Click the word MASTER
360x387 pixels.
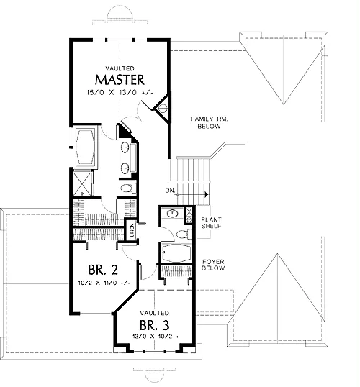coord(120,80)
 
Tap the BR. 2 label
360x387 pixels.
coord(103,270)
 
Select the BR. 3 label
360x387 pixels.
coord(154,325)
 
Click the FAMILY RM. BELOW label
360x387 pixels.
coord(209,123)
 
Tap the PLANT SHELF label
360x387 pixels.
coord(211,222)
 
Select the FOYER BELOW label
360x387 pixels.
coord(213,265)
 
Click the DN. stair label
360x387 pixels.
coord(170,191)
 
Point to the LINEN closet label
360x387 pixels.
coord(132,230)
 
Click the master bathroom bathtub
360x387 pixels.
coord(85,147)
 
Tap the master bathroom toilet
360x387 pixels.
coord(128,188)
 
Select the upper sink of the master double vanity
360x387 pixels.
coord(125,147)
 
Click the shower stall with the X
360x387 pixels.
coord(83,183)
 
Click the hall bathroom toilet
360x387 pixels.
coord(184,234)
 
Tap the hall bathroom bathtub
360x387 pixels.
coord(176,253)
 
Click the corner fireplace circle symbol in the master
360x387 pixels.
coord(163,108)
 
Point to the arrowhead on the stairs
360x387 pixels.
coord(207,194)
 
